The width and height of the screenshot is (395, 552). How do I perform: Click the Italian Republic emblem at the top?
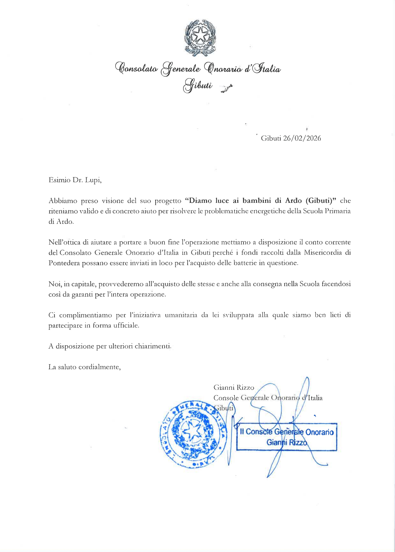200,38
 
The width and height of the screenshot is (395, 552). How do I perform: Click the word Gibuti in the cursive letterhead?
198,85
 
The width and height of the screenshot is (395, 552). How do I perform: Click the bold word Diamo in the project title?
199,201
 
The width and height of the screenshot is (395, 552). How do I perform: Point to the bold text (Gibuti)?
320,201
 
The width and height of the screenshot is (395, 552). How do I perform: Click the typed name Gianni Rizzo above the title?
234,387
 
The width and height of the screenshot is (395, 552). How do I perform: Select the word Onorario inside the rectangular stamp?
319,432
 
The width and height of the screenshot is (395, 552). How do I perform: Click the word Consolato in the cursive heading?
136,68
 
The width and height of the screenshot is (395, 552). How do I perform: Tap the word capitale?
79,284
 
